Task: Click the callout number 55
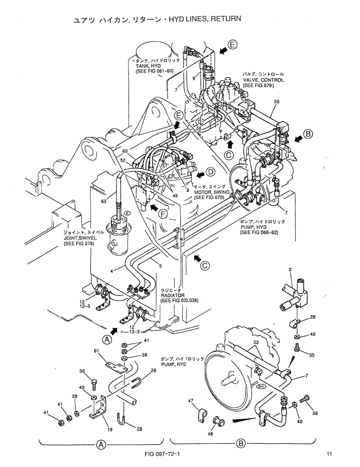277,102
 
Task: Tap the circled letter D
211,172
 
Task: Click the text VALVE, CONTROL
263,80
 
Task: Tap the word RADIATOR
172,295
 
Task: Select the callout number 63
104,201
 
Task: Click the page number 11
328,454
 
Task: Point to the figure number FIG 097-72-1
162,454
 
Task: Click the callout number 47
191,401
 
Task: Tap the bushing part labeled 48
219,422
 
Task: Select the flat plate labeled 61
117,366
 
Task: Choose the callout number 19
109,430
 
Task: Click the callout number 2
290,270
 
